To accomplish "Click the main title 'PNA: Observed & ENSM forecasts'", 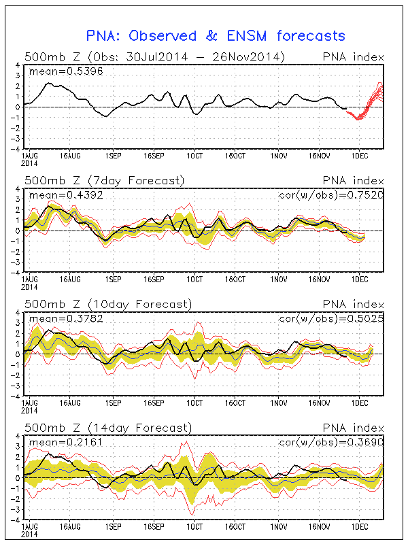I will point(216,35).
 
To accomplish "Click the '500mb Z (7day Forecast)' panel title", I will point(104,180).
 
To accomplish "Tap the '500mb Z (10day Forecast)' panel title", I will point(107,304).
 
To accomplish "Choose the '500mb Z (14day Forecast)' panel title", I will point(107,428).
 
